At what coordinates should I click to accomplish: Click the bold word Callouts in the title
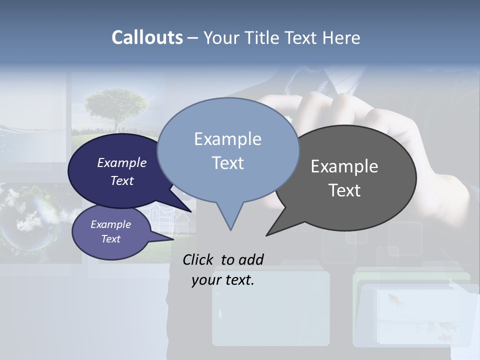[147, 37]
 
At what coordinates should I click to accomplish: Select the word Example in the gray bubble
[344, 166]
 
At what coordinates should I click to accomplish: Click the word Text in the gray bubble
[344, 190]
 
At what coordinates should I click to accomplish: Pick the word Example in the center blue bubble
[227, 139]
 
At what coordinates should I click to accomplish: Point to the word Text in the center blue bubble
[227, 163]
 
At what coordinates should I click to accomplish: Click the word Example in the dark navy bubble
[122, 162]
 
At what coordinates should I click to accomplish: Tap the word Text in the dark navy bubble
[122, 180]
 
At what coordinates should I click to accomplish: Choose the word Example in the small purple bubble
[111, 224]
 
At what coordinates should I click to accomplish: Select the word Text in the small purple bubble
[111, 239]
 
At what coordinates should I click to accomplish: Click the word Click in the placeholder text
[198, 259]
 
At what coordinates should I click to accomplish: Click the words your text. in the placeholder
[223, 280]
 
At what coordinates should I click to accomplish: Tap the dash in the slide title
[193, 38]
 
